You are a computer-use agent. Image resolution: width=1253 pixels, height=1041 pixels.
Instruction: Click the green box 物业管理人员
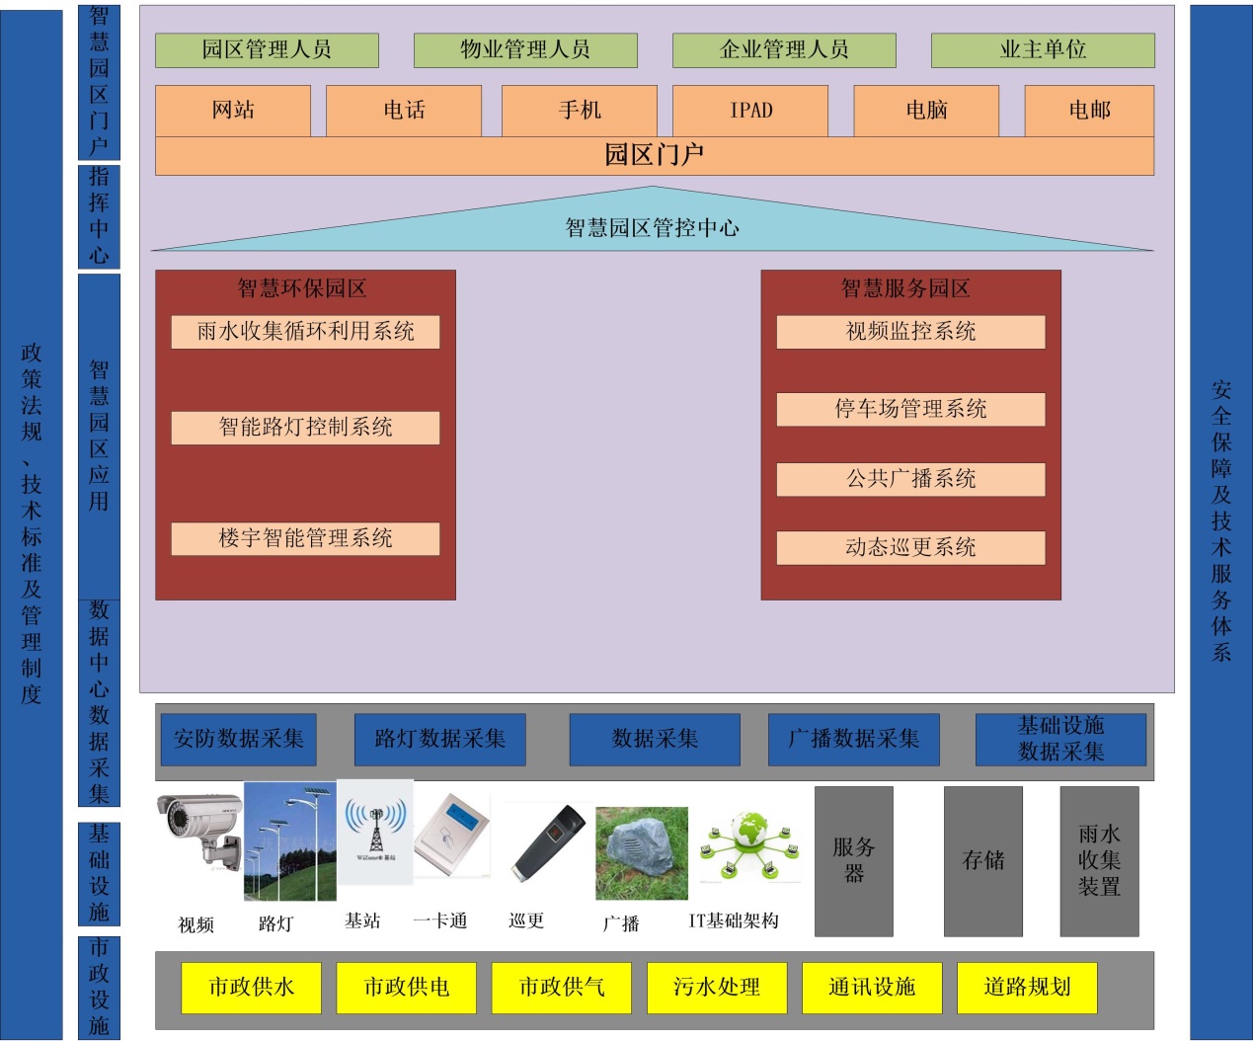(x=525, y=50)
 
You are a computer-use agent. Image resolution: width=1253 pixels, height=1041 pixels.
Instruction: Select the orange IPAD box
(x=750, y=111)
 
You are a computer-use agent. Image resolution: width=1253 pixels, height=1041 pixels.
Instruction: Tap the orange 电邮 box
(x=1089, y=111)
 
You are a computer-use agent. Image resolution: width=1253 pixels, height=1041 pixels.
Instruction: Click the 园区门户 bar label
(x=654, y=156)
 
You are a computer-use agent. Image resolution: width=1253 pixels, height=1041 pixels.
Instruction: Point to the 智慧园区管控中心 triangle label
(x=652, y=228)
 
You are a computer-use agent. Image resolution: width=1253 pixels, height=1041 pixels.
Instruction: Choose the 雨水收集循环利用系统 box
(x=305, y=332)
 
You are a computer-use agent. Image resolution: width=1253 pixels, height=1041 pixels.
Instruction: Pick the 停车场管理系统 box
(x=910, y=409)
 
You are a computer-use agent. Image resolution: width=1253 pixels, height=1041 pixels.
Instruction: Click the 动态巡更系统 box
(x=910, y=548)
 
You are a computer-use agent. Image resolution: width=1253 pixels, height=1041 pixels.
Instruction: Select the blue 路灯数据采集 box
(x=439, y=740)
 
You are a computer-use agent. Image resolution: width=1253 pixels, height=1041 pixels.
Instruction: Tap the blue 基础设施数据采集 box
(x=1060, y=740)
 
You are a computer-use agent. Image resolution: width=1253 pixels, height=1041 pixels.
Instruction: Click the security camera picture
(x=198, y=832)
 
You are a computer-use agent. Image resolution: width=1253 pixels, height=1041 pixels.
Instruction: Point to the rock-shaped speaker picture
(x=642, y=852)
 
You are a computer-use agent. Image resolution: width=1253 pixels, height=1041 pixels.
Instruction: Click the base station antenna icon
(x=375, y=827)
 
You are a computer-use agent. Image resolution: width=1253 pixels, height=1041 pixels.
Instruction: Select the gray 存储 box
(x=983, y=861)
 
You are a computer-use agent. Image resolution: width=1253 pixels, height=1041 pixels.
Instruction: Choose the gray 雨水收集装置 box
(x=1099, y=861)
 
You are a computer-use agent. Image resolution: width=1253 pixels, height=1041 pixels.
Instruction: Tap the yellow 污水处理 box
(x=717, y=988)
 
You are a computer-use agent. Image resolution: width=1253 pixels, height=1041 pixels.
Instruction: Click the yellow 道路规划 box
(x=1027, y=988)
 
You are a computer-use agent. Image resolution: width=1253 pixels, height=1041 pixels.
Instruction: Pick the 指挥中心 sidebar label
(x=99, y=216)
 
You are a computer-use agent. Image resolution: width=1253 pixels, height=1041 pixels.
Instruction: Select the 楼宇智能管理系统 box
(x=305, y=539)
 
